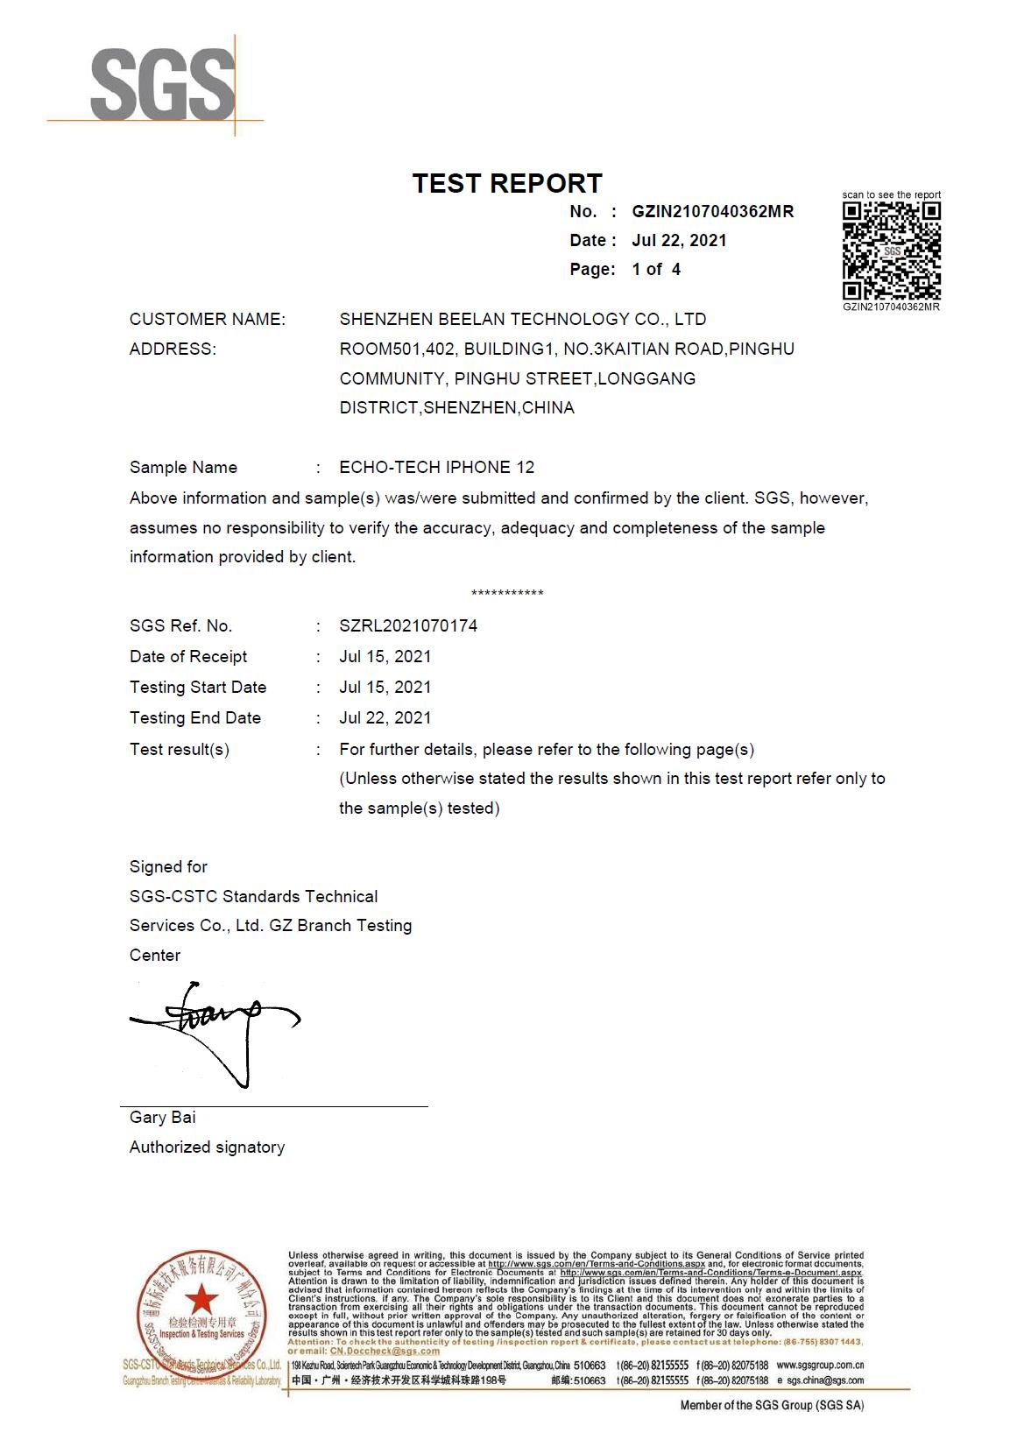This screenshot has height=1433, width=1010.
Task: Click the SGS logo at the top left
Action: tap(162, 85)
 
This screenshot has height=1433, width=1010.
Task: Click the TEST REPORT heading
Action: tap(507, 183)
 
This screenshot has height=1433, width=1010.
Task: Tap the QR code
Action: tap(891, 251)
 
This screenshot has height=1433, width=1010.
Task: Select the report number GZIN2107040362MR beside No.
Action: tap(712, 211)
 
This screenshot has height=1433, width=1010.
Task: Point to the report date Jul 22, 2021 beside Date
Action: tap(679, 240)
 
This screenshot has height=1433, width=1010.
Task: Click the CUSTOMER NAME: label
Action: tap(208, 319)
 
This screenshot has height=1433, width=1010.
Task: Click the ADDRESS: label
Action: tap(173, 349)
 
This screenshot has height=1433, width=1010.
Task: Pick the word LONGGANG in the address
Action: tap(648, 378)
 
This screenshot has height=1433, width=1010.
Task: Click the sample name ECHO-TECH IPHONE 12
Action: tap(436, 467)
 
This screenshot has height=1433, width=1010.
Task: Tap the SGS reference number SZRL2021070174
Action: tap(408, 625)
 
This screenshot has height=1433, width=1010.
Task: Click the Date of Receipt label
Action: tap(188, 656)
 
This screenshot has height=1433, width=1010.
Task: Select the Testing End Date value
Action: tap(385, 717)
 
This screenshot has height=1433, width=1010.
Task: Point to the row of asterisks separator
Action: tap(507, 594)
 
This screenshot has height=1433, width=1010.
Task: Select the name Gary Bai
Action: tap(162, 1117)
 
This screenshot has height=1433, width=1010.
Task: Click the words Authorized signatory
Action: tap(207, 1147)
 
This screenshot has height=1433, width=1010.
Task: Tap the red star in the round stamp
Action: tap(201, 1295)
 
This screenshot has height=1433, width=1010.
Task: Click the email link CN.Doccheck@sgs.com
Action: tap(385, 1351)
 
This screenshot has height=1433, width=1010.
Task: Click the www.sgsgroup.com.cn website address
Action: tap(820, 1365)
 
